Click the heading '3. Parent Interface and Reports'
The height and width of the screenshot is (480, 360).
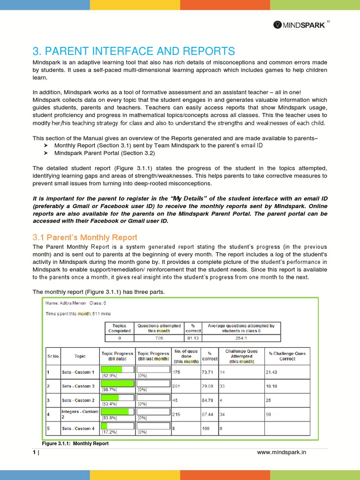(134, 51)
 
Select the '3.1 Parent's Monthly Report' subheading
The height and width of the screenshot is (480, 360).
(85, 237)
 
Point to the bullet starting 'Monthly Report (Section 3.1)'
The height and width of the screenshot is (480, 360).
(158, 145)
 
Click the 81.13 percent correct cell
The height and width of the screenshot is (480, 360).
(193, 337)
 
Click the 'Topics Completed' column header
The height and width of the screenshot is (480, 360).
(119, 328)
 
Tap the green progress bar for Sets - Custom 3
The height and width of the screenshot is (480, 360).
(118, 383)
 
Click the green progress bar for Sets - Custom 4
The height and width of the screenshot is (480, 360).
(105, 426)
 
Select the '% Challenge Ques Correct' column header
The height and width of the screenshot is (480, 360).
(287, 356)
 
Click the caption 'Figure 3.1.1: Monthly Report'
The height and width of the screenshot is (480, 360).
(75, 443)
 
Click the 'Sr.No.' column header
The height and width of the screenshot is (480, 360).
(53, 356)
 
